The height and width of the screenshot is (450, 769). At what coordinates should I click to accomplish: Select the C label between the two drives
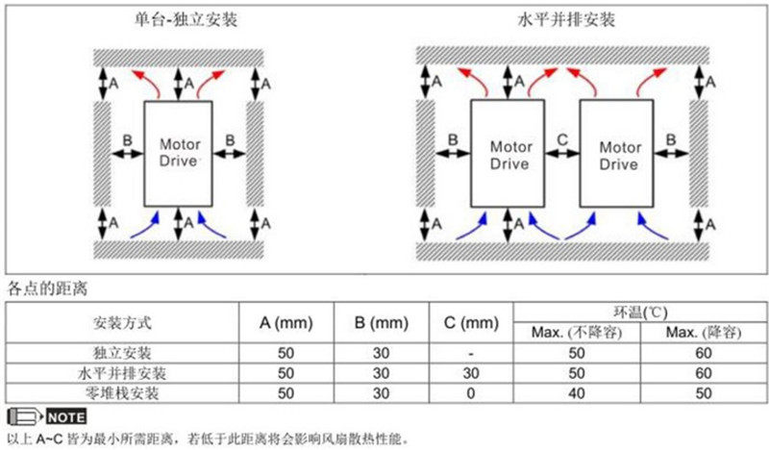click(x=564, y=140)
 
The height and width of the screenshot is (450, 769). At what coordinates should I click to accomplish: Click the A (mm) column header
click(x=285, y=321)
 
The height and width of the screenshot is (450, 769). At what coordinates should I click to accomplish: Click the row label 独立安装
click(x=122, y=353)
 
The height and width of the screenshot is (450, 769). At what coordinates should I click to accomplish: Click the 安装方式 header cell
click(x=122, y=321)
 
